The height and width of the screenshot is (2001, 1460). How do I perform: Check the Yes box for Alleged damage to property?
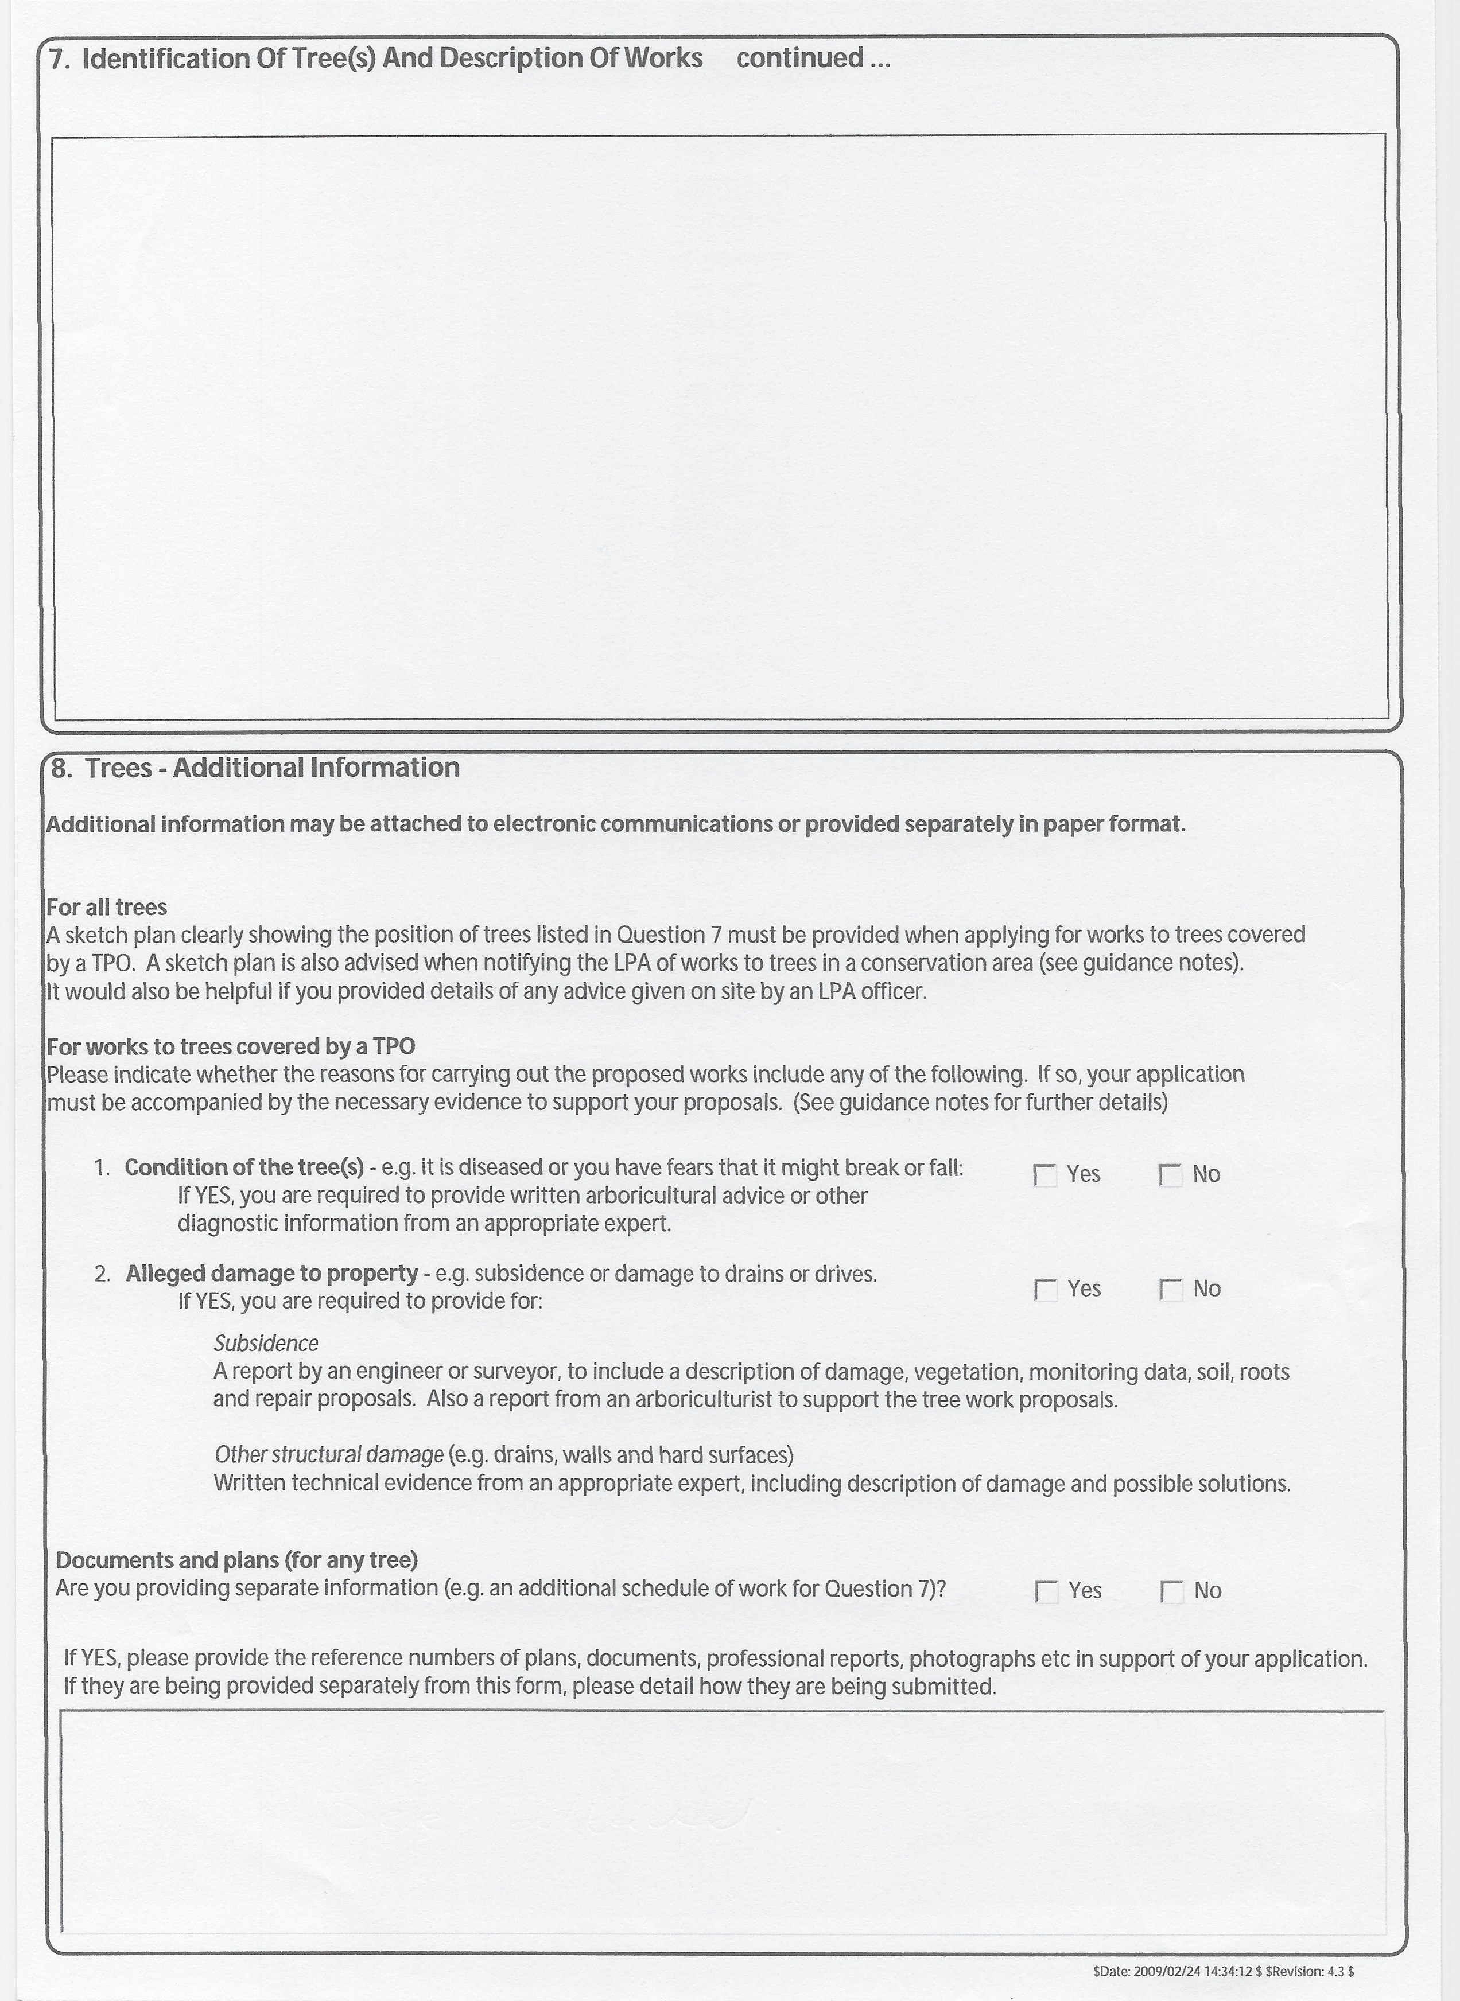[1046, 1290]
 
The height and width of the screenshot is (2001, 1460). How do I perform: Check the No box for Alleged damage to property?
[1171, 1290]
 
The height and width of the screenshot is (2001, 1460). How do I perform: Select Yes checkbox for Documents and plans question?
[1046, 1592]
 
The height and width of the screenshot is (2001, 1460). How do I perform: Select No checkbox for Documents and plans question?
[1172, 1592]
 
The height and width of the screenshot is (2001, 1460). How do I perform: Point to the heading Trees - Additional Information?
[272, 768]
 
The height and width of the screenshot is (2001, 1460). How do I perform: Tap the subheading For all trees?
[106, 908]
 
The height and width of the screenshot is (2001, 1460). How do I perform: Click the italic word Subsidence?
[265, 1344]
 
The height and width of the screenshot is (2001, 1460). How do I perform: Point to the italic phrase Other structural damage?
[329, 1454]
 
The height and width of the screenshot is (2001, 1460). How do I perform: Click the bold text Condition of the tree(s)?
[244, 1168]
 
